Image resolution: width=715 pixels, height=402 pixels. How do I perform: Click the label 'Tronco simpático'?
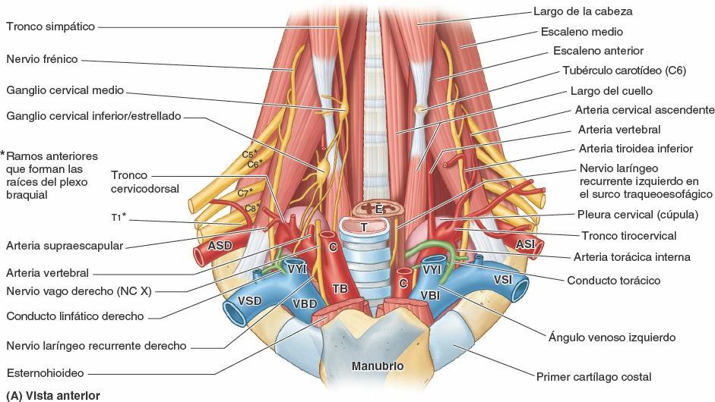pyautogui.click(x=50, y=27)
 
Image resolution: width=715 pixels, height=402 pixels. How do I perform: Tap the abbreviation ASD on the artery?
pyautogui.click(x=220, y=246)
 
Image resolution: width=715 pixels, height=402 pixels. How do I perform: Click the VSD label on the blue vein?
pyautogui.click(x=249, y=300)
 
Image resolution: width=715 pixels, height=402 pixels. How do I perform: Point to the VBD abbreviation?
pyautogui.click(x=304, y=303)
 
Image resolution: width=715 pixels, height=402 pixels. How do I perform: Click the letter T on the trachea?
pyautogui.click(x=365, y=227)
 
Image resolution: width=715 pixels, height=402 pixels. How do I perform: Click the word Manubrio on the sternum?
pyautogui.click(x=377, y=366)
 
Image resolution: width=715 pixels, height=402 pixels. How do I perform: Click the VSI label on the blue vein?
pyautogui.click(x=502, y=279)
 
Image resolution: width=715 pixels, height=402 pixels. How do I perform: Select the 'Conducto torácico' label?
pyautogui.click(x=613, y=281)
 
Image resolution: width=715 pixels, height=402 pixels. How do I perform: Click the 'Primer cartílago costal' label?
pyautogui.click(x=593, y=376)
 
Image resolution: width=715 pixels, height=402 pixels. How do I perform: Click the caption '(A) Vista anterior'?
pyautogui.click(x=52, y=395)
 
